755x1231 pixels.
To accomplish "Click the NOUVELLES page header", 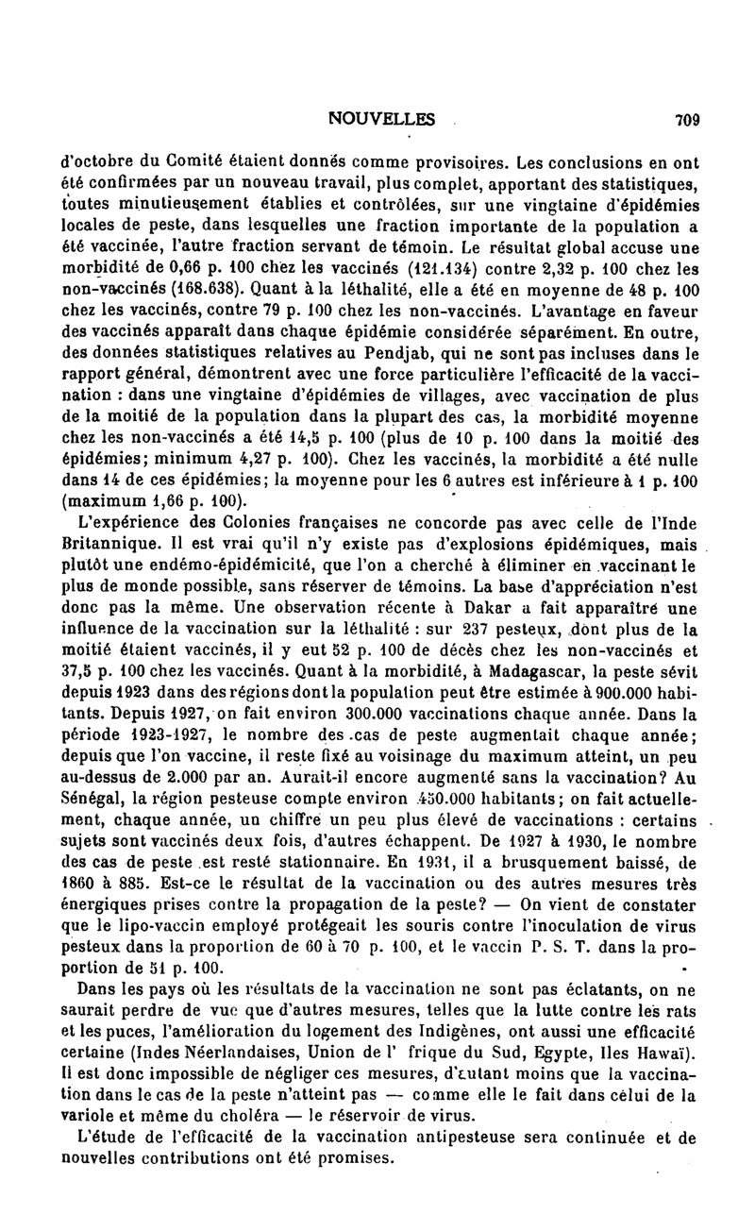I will coord(381,119).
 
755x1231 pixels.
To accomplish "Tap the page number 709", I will coord(686,119).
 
